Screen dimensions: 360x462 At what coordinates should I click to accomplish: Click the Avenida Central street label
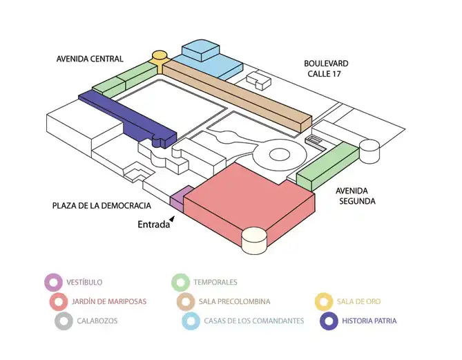90,59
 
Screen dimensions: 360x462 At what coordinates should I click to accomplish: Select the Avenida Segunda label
356,196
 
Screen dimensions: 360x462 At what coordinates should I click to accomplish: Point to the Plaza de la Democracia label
102,206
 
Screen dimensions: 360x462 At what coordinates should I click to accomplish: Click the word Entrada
153,224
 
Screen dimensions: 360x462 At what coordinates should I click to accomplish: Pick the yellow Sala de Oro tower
160,58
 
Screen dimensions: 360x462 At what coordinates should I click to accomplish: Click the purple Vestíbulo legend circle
53,282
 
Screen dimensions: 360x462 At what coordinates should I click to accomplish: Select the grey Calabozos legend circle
64,321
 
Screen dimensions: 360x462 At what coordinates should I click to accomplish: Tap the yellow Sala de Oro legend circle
323,301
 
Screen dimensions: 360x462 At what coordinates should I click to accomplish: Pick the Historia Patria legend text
369,321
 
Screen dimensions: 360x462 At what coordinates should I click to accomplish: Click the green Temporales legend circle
180,282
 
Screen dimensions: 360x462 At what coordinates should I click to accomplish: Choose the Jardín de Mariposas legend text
109,301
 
